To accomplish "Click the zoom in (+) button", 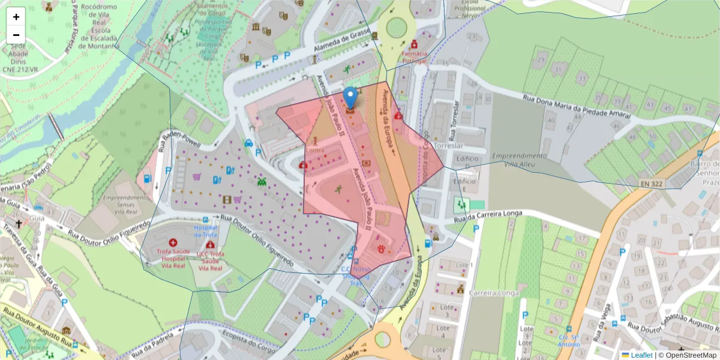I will click(x=16, y=17).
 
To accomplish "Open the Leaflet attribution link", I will click(x=640, y=355).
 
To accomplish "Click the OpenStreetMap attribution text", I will click(x=688, y=355).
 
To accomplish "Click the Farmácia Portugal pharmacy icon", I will click(x=414, y=45).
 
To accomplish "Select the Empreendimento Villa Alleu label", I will click(x=520, y=160).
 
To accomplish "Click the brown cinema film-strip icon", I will click(x=227, y=199).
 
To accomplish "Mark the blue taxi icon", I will click(x=248, y=143).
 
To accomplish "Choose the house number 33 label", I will click(x=581, y=78).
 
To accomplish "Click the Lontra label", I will click(x=316, y=149).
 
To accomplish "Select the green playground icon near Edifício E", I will click(x=461, y=205).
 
